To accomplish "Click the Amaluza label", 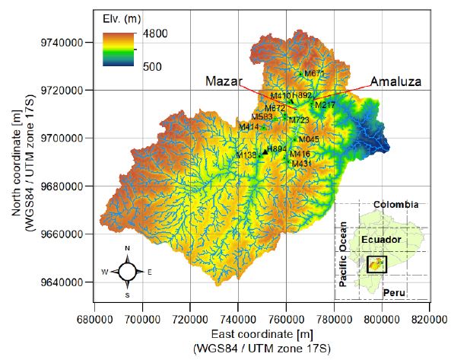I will [x=392, y=81].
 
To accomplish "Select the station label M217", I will [x=326, y=104].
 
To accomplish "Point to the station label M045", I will [x=309, y=139].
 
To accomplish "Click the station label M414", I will [x=249, y=126].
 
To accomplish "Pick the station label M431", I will [x=302, y=163].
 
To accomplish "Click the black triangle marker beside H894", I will [x=265, y=151].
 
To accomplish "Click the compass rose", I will [x=128, y=271].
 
